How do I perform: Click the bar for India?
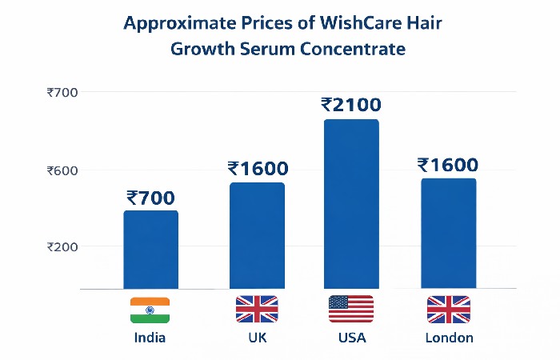click(150, 250)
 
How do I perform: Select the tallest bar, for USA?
click(351, 204)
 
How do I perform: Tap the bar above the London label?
click(448, 234)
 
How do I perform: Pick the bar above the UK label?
click(257, 235)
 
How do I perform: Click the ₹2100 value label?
click(351, 105)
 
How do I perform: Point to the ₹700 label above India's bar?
click(150, 197)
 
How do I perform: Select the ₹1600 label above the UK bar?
click(258, 169)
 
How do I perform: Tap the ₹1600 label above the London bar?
click(448, 165)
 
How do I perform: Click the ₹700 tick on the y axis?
click(62, 93)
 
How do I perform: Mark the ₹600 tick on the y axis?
click(62, 170)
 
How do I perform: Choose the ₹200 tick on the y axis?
click(62, 246)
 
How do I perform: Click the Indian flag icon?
click(150, 310)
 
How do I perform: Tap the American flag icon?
click(351, 309)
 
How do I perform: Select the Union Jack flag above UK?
click(257, 309)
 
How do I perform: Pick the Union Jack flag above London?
click(448, 309)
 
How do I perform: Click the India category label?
click(150, 338)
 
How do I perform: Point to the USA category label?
click(351, 338)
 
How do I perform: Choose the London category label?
click(449, 338)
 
